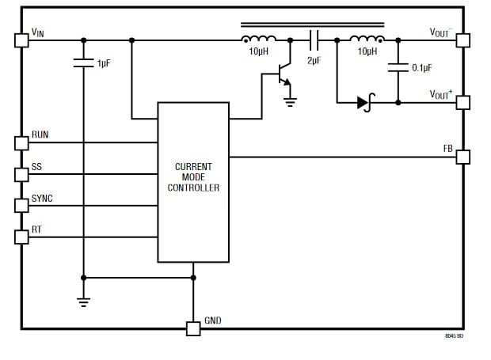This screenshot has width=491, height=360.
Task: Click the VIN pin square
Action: (21, 40)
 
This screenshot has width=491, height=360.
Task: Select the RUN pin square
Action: (21, 142)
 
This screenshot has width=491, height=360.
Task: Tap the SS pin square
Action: (21, 174)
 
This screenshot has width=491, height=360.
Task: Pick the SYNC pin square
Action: (21, 206)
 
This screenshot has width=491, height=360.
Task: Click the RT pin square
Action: (21, 237)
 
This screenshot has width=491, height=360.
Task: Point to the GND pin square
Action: (193, 328)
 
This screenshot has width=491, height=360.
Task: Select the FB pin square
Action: (462, 157)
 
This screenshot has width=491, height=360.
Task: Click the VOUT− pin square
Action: (462, 40)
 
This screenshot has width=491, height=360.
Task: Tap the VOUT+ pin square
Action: (462, 102)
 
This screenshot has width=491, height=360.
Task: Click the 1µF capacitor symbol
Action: (83, 63)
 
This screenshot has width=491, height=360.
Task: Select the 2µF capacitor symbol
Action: (314, 40)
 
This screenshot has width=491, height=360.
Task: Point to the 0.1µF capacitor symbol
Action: (398, 68)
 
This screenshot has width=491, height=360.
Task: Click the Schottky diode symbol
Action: (365, 102)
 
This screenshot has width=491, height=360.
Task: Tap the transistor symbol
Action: (282, 78)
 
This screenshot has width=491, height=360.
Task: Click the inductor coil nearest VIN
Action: (259, 39)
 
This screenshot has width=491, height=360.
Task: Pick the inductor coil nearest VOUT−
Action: (367, 39)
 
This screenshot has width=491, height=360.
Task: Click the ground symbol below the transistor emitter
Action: (291, 100)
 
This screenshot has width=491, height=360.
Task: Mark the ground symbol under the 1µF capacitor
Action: (83, 301)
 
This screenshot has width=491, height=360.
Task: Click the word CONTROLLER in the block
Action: (193, 188)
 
